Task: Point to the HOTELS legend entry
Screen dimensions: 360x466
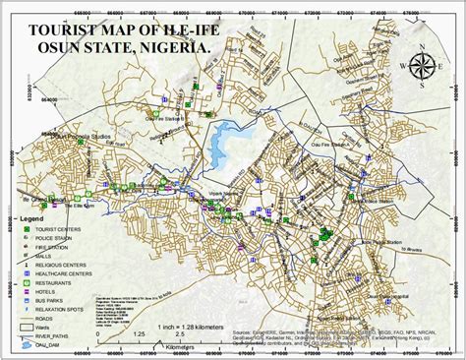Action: (48, 292)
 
